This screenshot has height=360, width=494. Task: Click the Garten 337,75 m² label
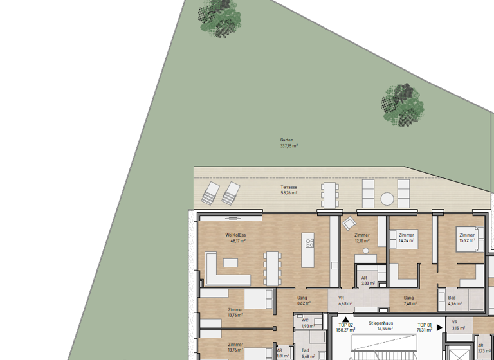[288, 143]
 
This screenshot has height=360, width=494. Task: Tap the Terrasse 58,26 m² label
[288, 190]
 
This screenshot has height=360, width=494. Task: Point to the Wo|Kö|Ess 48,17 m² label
[235, 238]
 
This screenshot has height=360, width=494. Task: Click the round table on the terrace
[387, 198]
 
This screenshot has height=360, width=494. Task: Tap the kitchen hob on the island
[309, 243]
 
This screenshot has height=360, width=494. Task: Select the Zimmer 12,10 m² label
[362, 238]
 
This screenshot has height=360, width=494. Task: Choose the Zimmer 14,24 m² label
[406, 238]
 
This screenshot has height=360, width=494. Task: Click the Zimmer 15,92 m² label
[467, 238]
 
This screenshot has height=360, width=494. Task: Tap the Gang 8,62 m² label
[302, 300]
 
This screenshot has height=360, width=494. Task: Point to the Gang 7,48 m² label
[408, 300]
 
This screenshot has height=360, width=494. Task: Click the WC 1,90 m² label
[306, 323]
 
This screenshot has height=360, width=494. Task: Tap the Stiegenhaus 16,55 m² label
[381, 325]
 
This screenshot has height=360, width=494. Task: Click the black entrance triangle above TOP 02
[345, 319]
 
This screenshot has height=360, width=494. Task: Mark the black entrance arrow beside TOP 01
[440, 327]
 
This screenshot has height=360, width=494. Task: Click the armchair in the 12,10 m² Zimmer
[349, 223]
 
